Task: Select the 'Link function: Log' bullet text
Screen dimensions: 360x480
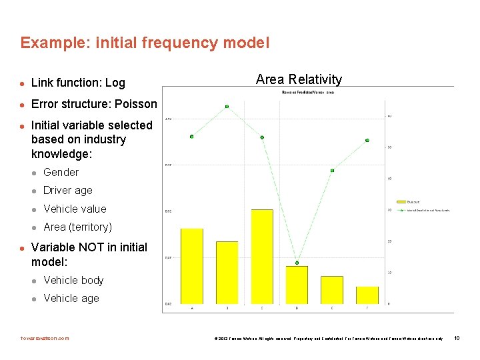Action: click(x=78, y=83)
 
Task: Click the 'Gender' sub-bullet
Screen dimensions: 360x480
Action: click(x=61, y=172)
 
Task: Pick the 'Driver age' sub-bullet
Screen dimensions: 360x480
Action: click(x=68, y=190)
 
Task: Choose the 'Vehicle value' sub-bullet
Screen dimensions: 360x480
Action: click(x=75, y=209)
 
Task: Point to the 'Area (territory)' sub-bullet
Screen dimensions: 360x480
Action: click(x=77, y=227)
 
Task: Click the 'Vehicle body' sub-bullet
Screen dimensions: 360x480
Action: click(x=73, y=280)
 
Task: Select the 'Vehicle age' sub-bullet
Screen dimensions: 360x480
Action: click(x=71, y=298)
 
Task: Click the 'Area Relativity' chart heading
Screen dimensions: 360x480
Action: click(x=299, y=79)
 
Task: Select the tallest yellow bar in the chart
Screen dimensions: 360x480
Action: click(x=262, y=256)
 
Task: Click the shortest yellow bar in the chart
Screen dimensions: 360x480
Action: click(x=367, y=295)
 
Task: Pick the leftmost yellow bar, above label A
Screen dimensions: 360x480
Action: click(x=192, y=266)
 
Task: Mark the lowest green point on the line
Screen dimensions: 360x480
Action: click(x=297, y=263)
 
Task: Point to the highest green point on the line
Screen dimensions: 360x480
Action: click(x=227, y=106)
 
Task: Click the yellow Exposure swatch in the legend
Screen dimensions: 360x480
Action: click(x=401, y=201)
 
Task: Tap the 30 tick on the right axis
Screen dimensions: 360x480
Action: click(x=389, y=210)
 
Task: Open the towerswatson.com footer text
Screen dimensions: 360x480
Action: click(x=45, y=338)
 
